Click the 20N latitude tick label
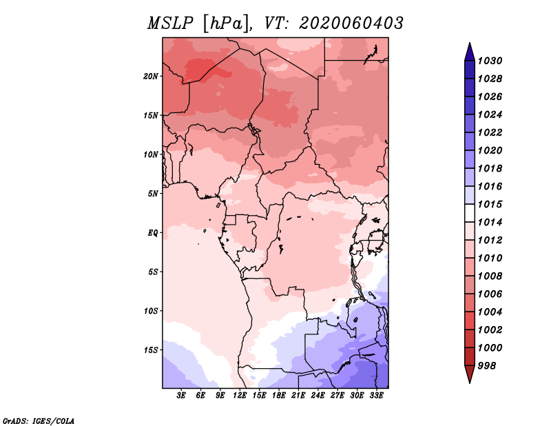pos(150,77)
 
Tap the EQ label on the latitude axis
pos(152,233)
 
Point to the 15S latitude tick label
pos(151,350)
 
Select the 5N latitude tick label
pos(153,194)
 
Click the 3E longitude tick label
pos(181,395)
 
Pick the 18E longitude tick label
pos(278,395)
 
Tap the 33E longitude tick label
pos(376,395)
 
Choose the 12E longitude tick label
pos(239,395)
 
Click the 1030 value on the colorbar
pos(490,61)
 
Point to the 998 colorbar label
pos(487,366)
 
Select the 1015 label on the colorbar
pos(490,204)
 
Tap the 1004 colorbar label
pos(490,312)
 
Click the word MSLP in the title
pos(170,23)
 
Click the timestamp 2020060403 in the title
pos(351,23)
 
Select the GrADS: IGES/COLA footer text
pos(39,421)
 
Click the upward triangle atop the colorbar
pos(470,53)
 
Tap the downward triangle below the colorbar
pos(470,373)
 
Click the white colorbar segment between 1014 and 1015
pos(470,213)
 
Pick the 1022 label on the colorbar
pos(490,132)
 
